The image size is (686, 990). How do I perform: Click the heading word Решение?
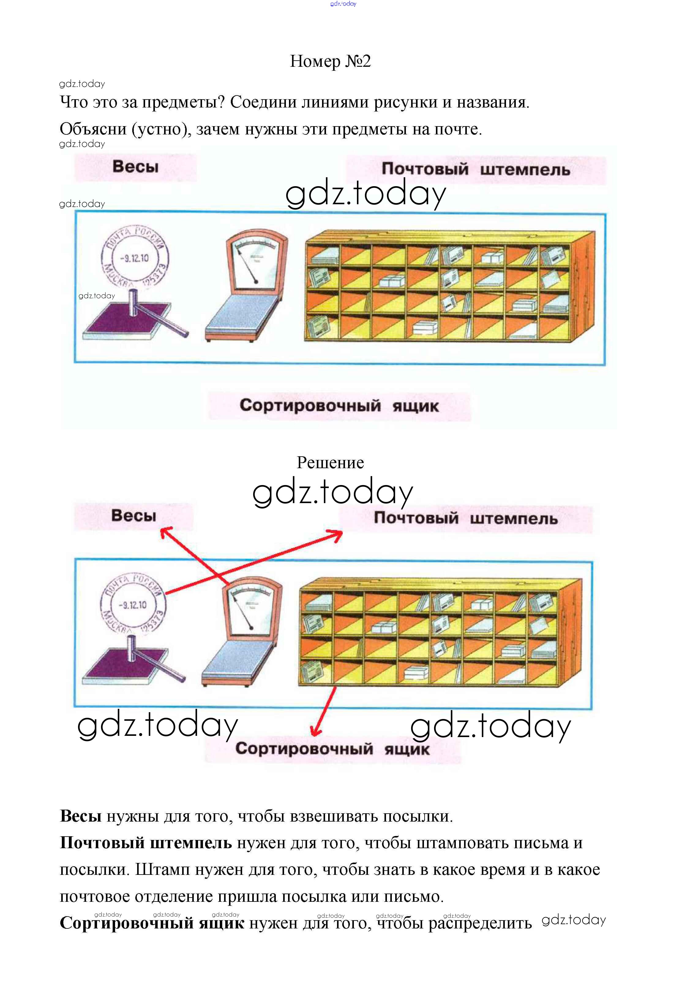click(330, 463)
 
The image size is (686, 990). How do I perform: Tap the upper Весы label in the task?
click(135, 167)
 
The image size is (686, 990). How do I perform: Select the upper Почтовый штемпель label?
click(476, 169)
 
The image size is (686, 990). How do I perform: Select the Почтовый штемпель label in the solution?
click(466, 518)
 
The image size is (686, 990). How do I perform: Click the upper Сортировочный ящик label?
click(339, 405)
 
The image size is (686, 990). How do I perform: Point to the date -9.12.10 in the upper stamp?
click(134, 258)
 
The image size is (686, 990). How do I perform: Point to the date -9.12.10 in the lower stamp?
click(133, 605)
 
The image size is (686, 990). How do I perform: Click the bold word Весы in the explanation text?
click(81, 816)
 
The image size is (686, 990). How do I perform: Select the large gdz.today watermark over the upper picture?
click(365, 194)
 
